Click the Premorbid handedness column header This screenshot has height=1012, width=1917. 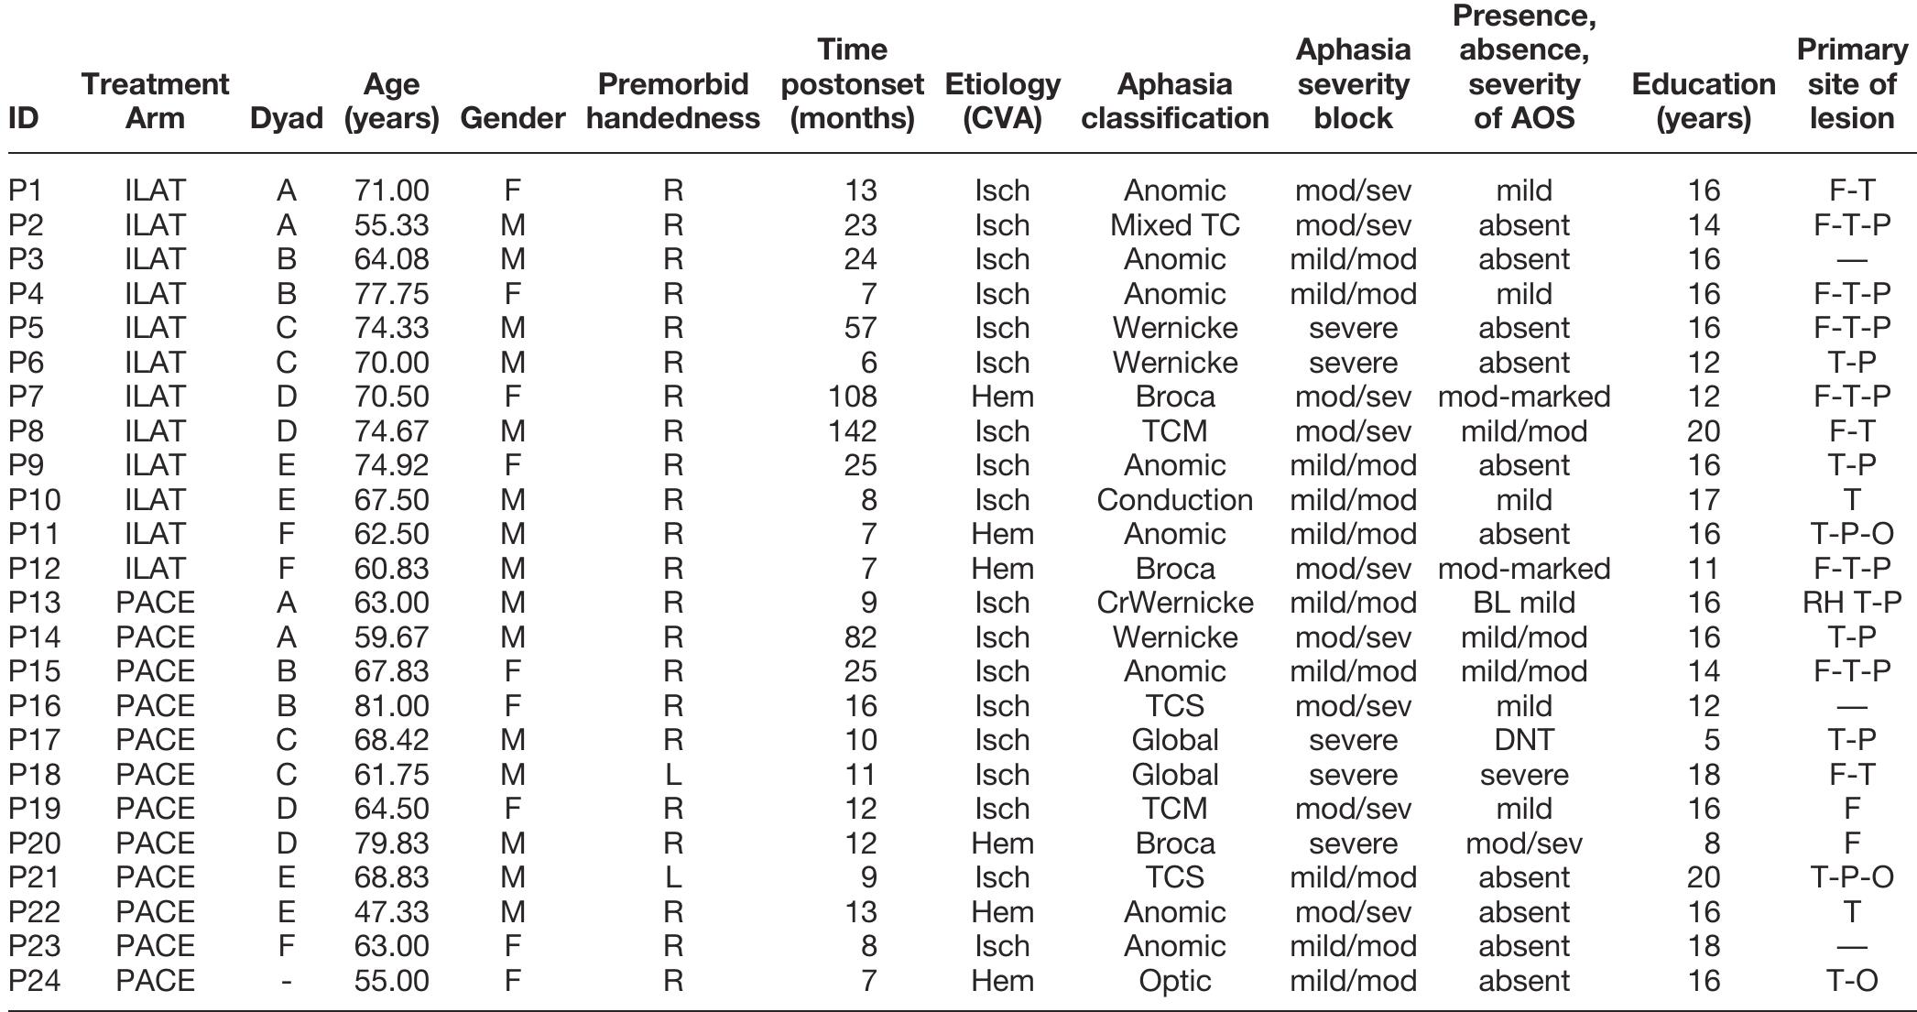pos(672,101)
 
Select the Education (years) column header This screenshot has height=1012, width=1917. pos(1703,101)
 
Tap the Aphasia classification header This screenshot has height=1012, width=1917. pos(1174,101)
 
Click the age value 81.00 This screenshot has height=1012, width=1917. pos(391,706)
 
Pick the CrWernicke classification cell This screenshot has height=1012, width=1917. pos(1174,603)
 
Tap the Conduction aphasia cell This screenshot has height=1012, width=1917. pos(1174,500)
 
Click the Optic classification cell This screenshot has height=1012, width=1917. pos(1174,981)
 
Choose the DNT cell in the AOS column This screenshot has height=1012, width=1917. pos(1523,740)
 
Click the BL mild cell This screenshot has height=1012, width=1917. pos(1523,603)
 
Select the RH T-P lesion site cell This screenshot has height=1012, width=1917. pos(1851,603)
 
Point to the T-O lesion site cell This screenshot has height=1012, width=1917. pos(1851,981)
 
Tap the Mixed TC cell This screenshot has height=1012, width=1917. pos(1174,225)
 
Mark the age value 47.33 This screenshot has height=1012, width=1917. pos(391,912)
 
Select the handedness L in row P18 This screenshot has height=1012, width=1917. pos(672,775)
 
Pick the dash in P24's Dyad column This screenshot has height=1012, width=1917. pos(287,982)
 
